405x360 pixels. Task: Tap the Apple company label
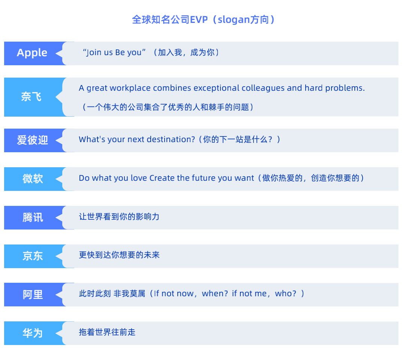click(x=32, y=53)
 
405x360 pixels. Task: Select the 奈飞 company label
click(x=31, y=97)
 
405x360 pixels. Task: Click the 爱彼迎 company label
click(x=32, y=140)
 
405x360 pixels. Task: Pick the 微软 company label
click(x=33, y=179)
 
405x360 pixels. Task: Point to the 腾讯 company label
click(x=33, y=217)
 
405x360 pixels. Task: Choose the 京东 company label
click(x=33, y=256)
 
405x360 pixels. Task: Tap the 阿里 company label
click(x=33, y=295)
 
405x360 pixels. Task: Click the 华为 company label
click(x=33, y=333)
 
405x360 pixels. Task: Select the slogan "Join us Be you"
click(x=112, y=52)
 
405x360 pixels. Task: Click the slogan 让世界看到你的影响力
click(x=119, y=217)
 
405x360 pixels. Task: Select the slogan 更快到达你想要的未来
click(x=119, y=255)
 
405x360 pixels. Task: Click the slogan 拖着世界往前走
click(x=107, y=332)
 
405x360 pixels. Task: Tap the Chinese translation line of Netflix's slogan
click(x=168, y=107)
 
